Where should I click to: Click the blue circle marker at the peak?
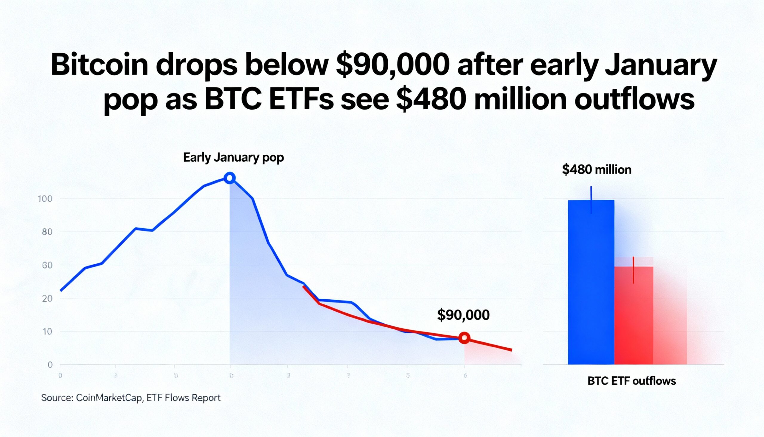coord(230,178)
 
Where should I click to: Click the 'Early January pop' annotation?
coord(233,158)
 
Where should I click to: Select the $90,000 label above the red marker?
coord(463,315)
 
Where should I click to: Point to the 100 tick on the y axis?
coord(45,199)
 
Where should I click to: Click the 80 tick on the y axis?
coord(47,232)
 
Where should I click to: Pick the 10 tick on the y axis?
coord(47,332)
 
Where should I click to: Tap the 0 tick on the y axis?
coord(50,365)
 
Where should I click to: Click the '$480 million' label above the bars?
coord(597,170)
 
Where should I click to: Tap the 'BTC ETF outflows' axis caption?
coord(631,381)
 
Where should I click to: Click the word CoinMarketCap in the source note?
coord(109,398)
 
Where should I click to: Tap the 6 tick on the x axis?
coord(465,375)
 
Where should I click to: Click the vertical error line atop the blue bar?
coord(591,200)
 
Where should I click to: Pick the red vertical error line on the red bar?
coord(633,270)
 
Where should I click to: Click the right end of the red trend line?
coord(511,350)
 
